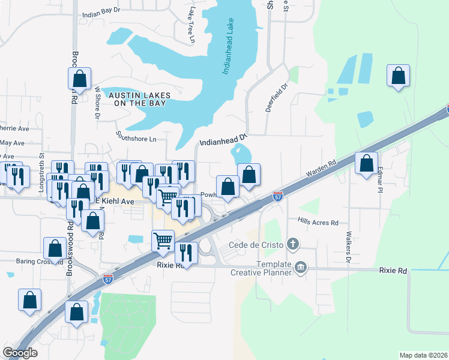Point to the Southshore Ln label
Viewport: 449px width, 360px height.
tap(136, 136)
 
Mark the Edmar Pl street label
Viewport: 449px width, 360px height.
tap(379, 179)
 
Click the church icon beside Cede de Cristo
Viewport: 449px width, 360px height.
tap(292, 244)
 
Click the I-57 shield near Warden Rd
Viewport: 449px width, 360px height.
tap(277, 196)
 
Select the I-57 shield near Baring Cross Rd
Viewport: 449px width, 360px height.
tap(108, 279)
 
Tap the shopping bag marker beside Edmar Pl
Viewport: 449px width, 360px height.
tap(366, 163)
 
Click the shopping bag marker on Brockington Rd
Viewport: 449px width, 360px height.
tap(79, 78)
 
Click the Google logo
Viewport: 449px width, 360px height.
tap(20, 353)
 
